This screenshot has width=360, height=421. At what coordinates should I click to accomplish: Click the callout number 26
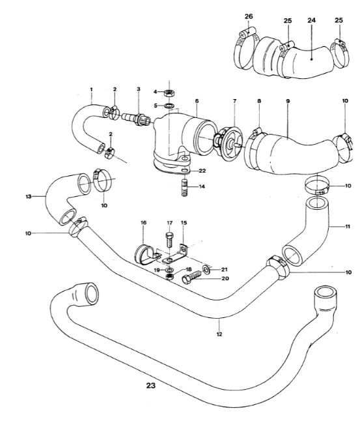pyautogui.click(x=249, y=17)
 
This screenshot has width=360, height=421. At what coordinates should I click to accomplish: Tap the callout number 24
pyautogui.click(x=311, y=20)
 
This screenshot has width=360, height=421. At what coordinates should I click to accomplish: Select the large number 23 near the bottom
pyautogui.click(x=151, y=386)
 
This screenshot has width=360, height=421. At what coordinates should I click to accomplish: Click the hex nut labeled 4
pyautogui.click(x=169, y=93)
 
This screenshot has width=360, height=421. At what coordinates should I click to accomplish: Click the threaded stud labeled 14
pyautogui.click(x=184, y=188)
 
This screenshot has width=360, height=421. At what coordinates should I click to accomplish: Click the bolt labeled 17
pyautogui.click(x=169, y=239)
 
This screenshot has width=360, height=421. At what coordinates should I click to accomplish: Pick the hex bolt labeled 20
pyautogui.click(x=192, y=278)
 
